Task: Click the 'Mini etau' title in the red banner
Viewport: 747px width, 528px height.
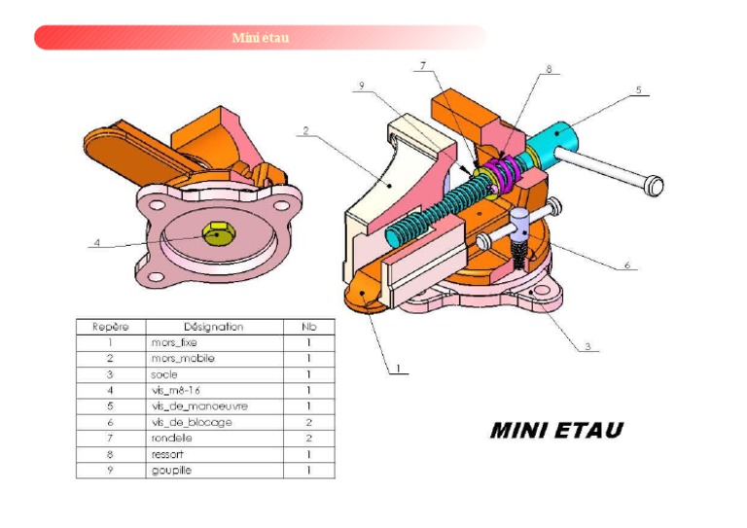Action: [260, 38]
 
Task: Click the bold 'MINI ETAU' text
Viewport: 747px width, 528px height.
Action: [555, 430]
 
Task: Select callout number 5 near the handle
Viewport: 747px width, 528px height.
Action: [638, 89]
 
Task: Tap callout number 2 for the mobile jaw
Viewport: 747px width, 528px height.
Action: [304, 129]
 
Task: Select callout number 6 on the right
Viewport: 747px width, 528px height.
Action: [626, 264]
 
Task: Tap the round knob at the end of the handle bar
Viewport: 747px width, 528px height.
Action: [655, 183]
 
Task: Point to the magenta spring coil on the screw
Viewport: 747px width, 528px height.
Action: [505, 169]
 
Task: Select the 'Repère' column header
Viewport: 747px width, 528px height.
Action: [110, 327]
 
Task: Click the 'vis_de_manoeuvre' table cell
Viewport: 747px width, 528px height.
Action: [192, 405]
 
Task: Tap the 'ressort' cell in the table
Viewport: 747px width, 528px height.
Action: [166, 454]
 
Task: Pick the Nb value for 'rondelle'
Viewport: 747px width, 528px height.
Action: [308, 439]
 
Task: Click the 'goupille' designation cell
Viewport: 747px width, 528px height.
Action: [170, 471]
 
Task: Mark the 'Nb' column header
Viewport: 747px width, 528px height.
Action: [308, 327]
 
